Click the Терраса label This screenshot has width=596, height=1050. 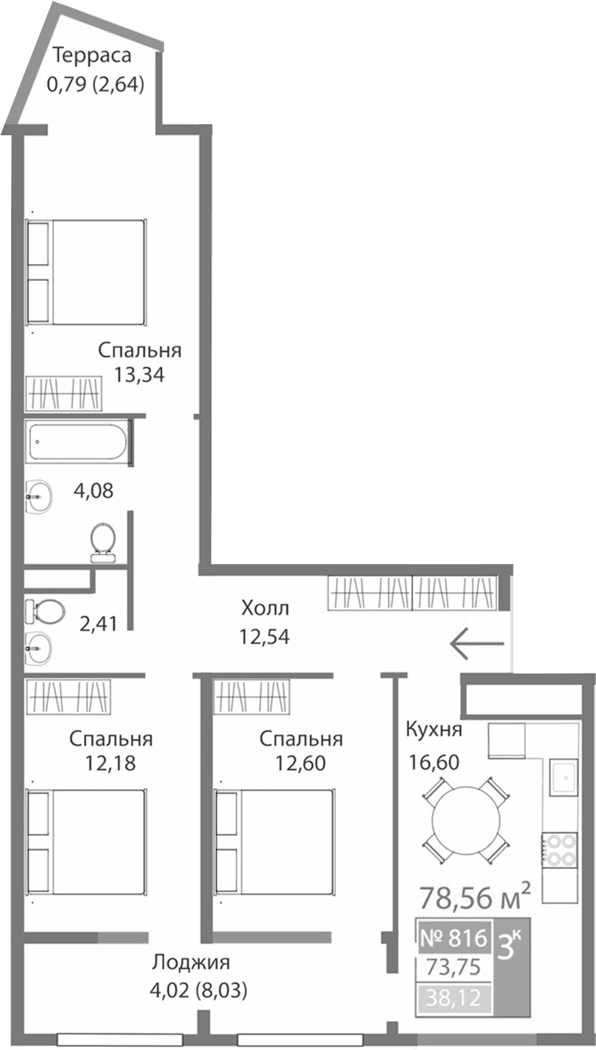coord(92,56)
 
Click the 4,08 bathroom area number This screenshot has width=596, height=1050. coord(94,490)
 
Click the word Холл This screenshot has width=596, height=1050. coord(265,608)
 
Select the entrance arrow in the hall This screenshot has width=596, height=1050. coord(477,644)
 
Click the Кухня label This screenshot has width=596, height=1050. coord(434,729)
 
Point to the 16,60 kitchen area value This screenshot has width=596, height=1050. coord(434,761)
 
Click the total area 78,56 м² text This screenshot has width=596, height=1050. coord(475,898)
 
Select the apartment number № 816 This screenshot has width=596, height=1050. coord(453,938)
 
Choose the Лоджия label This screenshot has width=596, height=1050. coord(191,963)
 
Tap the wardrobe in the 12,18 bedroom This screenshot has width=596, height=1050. coord(68,696)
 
